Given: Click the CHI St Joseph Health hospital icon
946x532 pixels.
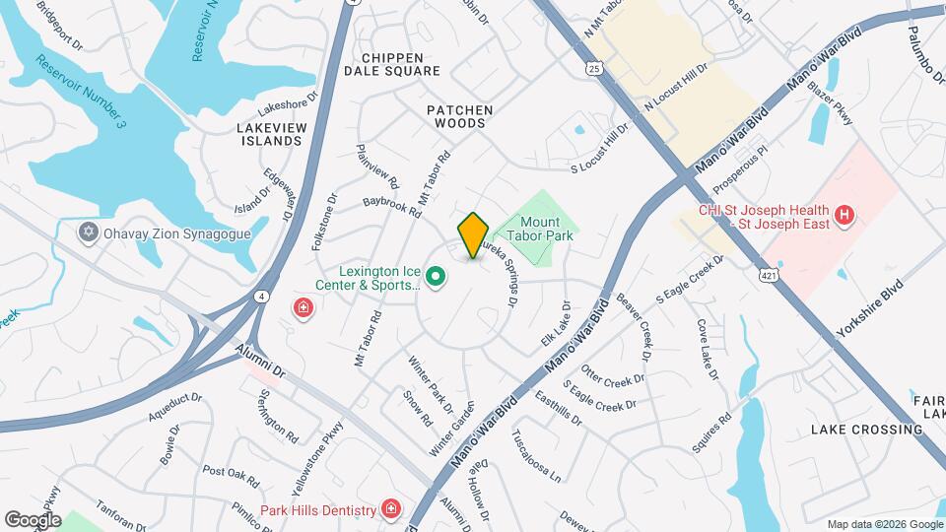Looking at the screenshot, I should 843,215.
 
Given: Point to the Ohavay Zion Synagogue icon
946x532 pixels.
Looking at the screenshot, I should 89,232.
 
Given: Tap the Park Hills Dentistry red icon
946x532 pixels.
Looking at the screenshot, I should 392,509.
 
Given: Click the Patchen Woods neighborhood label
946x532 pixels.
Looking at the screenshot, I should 459,116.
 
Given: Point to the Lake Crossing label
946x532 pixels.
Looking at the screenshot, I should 866,430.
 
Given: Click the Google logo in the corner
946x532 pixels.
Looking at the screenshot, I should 33,519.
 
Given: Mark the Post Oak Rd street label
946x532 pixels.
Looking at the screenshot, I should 230,477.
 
